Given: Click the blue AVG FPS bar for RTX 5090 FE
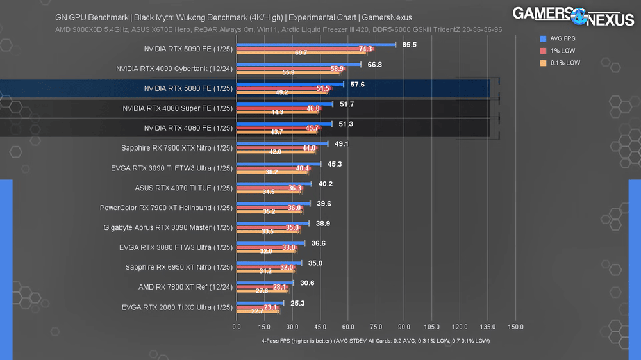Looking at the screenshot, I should tap(316, 45).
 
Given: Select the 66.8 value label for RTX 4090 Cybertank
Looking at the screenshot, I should tap(375, 65).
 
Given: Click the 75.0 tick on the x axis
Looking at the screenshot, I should tap(376, 327).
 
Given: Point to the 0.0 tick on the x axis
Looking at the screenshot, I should tap(237, 327).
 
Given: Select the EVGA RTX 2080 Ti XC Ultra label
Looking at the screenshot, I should tap(176, 307).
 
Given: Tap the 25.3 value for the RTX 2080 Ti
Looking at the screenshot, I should tap(297, 303).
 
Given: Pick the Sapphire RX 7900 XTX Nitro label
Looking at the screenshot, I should tap(176, 148).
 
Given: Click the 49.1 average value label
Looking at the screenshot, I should tap(341, 144).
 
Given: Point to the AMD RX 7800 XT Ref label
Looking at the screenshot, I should tap(185, 287).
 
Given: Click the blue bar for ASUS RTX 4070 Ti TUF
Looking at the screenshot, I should tap(274, 184).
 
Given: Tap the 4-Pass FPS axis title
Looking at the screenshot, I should tap(375, 340).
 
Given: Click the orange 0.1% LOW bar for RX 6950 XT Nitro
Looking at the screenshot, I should tap(265, 272).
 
